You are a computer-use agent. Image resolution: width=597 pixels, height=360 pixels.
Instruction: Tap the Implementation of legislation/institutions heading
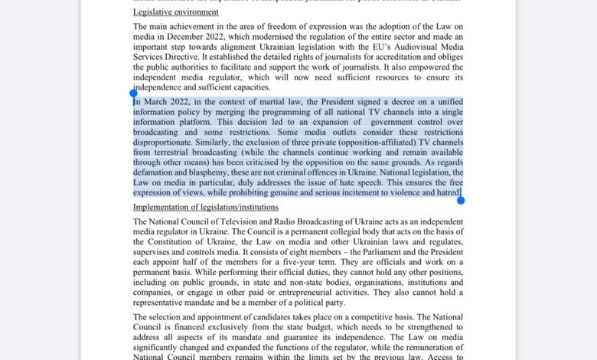point(206,208)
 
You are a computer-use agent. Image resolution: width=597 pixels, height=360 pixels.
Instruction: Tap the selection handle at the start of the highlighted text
point(133,94)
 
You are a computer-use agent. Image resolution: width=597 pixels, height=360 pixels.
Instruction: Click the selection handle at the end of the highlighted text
point(461,200)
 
